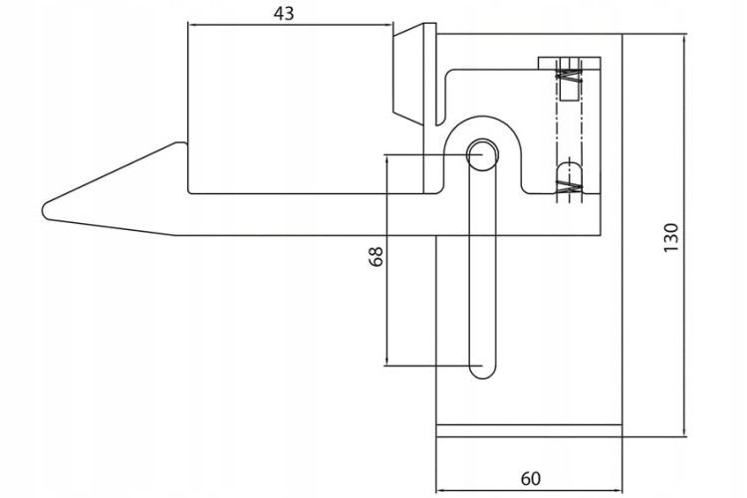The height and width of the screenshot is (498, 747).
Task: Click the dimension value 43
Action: point(284,14)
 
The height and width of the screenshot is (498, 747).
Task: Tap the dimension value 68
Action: point(375,256)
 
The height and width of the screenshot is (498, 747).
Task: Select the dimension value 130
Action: point(670,238)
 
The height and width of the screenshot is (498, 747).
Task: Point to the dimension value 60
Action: point(530,478)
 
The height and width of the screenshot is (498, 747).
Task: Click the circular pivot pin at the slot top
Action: point(482,154)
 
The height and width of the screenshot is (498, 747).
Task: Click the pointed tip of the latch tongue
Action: point(44,210)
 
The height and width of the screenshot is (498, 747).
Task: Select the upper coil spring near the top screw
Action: point(570,76)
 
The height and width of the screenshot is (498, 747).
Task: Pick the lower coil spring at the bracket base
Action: point(570,187)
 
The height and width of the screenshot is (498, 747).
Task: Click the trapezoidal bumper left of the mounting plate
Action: point(408,74)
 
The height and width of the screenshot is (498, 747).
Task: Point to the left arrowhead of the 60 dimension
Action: point(440,490)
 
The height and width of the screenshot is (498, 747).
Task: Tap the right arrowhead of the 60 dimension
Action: point(619,490)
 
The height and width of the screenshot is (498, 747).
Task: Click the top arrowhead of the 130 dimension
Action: point(684,38)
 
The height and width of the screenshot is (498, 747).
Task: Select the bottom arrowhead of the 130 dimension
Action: point(684,431)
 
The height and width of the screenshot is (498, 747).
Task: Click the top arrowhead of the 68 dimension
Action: point(386,159)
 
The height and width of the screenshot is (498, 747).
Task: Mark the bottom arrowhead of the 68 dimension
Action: point(386,362)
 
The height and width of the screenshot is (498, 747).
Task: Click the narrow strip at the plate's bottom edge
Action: point(529,430)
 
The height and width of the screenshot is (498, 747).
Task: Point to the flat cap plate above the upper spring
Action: point(570,64)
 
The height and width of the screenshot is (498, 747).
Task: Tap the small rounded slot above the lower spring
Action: point(570,171)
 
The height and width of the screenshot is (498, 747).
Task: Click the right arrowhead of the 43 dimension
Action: point(388,25)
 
